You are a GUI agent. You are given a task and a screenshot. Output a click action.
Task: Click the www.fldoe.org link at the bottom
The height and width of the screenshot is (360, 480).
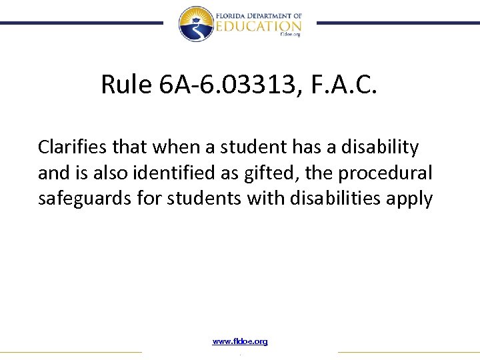pos(240,341)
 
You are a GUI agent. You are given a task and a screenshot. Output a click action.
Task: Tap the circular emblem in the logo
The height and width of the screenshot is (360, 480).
pos(195,23)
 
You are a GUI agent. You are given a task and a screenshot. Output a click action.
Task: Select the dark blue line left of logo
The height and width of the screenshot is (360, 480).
pos(80,23)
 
